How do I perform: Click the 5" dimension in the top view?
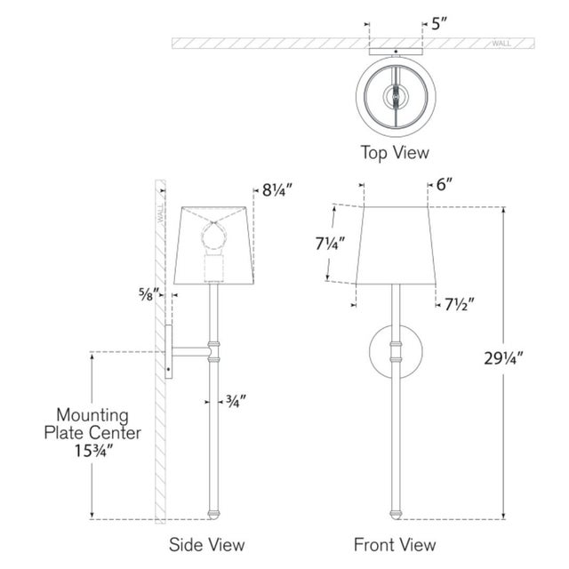(x=438, y=25)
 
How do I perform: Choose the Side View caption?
(x=208, y=544)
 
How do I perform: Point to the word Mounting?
(x=93, y=415)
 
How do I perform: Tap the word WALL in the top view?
(x=501, y=42)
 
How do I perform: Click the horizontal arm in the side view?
(x=190, y=351)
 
